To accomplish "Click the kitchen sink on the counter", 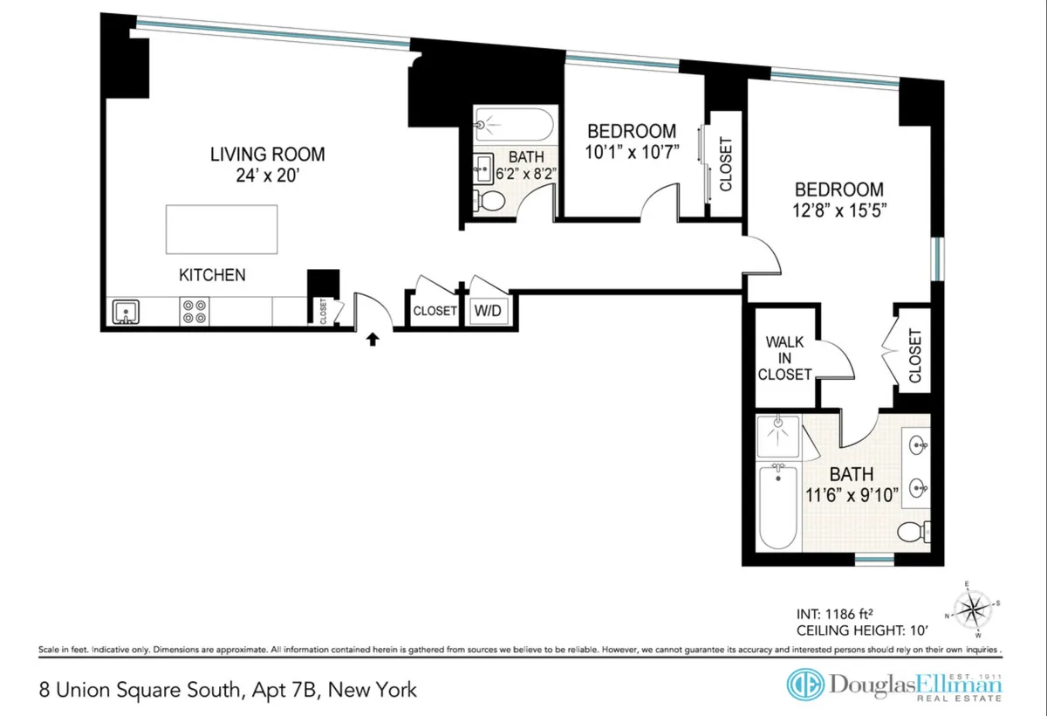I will tap(125, 311).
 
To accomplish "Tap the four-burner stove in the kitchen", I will tap(194, 312).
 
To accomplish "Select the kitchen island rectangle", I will tap(222, 229).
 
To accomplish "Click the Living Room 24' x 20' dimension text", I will tap(267, 176).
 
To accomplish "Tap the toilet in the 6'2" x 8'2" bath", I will tap(491, 202).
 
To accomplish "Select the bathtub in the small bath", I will tap(514, 126).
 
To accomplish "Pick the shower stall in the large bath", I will tap(778, 436).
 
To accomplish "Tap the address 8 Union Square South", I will tap(140, 690).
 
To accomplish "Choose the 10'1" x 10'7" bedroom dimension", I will tap(632, 152).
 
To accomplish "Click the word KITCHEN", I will tap(212, 275).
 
